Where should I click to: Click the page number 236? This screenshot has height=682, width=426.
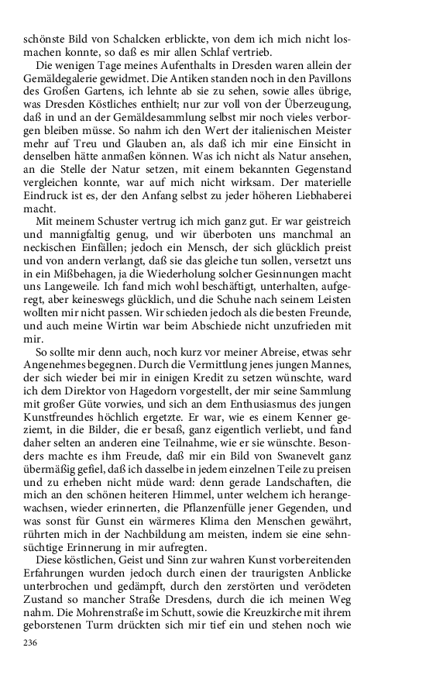(32, 642)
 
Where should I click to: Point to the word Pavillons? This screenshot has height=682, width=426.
(373, 79)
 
